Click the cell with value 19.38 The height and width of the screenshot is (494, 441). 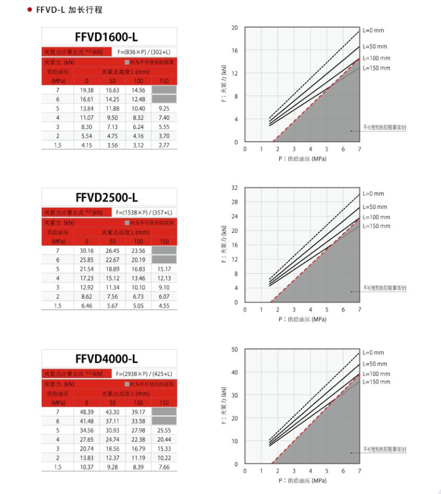point(86,90)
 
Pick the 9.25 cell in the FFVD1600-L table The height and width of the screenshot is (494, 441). point(164,108)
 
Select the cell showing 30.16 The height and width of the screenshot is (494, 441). point(86,250)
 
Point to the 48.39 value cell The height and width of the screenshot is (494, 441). point(86,411)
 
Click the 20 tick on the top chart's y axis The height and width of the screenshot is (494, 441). point(234,27)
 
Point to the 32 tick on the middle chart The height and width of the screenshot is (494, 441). point(234,188)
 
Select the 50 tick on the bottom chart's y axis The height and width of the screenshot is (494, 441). point(234,349)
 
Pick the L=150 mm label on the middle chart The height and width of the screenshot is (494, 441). point(377,226)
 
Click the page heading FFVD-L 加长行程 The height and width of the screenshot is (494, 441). point(69,10)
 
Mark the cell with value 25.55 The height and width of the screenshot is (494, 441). point(164,430)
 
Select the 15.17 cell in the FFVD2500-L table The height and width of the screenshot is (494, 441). point(164,269)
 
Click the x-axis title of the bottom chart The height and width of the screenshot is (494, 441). point(302,480)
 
